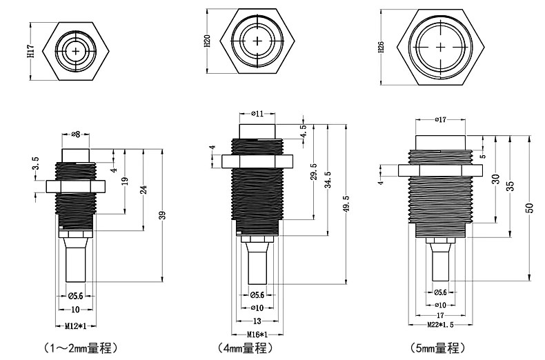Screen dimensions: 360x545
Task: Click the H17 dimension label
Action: click(30, 50)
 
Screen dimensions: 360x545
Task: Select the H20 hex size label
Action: click(208, 42)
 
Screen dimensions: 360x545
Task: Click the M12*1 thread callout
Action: click(75, 325)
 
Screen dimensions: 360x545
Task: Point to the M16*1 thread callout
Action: click(258, 334)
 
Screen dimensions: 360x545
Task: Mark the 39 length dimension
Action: click(163, 216)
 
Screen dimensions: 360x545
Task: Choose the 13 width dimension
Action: click(257, 321)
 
